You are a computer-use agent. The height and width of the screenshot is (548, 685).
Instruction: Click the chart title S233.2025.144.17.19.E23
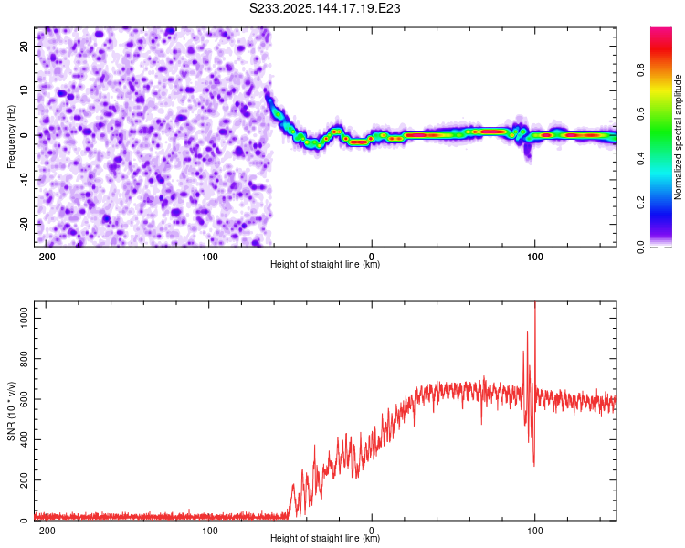click(x=324, y=8)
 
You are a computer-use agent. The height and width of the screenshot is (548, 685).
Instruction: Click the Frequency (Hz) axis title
click(x=11, y=137)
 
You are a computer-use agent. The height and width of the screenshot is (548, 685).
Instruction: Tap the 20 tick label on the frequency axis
click(x=25, y=47)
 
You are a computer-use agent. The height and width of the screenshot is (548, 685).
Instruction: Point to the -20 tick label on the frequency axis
click(x=25, y=225)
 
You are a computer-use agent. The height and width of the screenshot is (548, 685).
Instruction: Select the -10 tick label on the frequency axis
click(x=25, y=180)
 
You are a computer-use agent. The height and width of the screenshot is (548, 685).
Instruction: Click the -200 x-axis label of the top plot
click(x=45, y=257)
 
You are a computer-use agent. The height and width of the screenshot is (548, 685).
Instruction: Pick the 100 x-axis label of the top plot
click(x=534, y=257)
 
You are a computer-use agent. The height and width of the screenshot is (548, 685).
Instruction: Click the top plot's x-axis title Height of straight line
click(x=325, y=264)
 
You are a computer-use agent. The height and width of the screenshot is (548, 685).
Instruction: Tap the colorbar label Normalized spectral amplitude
click(x=678, y=137)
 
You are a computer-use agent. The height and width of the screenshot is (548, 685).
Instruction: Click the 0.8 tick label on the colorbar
click(x=640, y=69)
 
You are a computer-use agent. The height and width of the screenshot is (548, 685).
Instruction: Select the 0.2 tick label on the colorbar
click(x=640, y=203)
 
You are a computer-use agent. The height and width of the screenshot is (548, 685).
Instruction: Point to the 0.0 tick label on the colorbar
click(x=640, y=247)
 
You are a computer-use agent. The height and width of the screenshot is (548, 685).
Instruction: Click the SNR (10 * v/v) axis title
click(x=11, y=411)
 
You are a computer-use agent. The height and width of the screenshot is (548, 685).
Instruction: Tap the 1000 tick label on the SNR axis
click(x=25, y=319)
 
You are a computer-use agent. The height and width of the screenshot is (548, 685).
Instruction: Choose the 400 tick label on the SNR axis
click(x=25, y=439)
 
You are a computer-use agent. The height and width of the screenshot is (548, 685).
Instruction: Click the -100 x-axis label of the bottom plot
click(x=208, y=531)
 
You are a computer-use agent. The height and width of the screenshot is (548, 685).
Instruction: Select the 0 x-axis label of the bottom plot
click(x=372, y=531)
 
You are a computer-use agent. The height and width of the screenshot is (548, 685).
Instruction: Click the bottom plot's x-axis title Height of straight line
click(x=325, y=538)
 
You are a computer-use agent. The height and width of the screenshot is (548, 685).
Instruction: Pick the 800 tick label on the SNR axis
click(x=25, y=359)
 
